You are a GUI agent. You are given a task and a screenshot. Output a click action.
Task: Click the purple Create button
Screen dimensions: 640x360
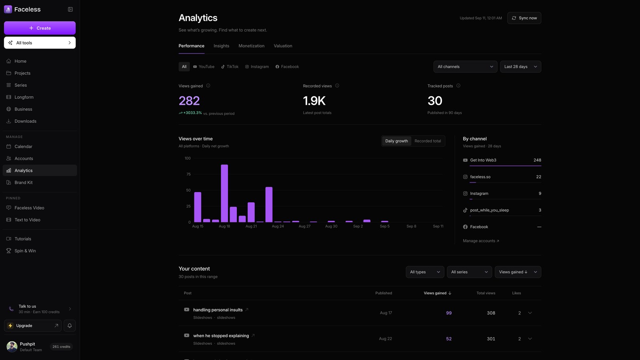(x=40, y=28)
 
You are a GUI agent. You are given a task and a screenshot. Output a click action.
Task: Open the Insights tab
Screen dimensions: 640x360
(x=221, y=46)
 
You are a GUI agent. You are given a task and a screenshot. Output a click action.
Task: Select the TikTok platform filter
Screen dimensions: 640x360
(x=230, y=66)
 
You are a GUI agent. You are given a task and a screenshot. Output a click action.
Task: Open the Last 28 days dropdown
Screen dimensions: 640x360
(x=520, y=66)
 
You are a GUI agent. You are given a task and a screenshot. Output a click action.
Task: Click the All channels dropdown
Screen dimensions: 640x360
(x=465, y=66)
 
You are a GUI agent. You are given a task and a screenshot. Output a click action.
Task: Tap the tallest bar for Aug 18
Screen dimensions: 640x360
(x=224, y=193)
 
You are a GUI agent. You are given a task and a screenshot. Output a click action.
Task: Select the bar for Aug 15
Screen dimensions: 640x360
(x=198, y=207)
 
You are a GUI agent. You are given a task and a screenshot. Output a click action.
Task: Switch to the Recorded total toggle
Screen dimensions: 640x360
(x=428, y=141)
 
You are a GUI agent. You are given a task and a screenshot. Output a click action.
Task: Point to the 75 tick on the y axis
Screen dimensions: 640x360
(x=188, y=174)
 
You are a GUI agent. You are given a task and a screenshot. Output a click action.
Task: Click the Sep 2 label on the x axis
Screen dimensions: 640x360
(x=358, y=226)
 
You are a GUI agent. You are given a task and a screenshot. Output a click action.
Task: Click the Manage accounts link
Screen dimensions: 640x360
(x=481, y=241)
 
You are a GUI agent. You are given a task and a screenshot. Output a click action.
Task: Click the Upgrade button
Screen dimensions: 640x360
(x=32, y=326)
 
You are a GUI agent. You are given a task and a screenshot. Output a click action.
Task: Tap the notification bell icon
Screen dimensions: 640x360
(x=70, y=326)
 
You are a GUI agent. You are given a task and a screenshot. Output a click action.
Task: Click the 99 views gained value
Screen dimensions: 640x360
(x=448, y=313)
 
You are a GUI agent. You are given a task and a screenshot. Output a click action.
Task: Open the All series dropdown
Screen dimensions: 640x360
(x=469, y=272)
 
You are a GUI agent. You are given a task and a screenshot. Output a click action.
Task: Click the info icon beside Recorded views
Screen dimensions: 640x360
(x=337, y=86)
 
